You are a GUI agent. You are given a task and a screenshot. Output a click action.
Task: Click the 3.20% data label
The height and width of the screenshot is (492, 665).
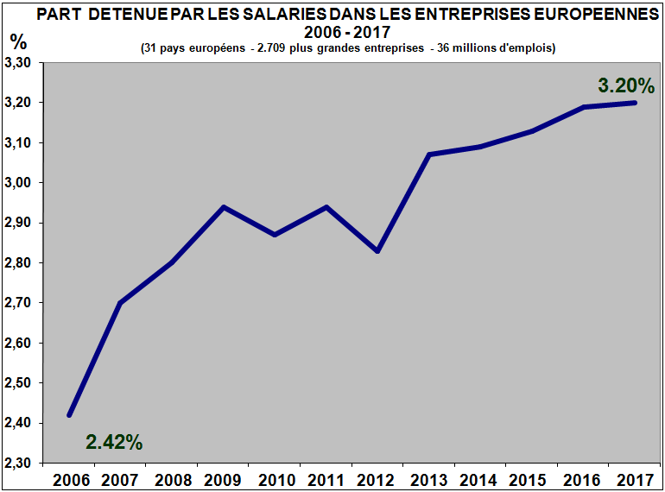click(x=627, y=85)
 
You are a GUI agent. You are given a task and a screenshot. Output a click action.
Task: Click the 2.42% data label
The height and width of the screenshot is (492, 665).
click(x=114, y=442)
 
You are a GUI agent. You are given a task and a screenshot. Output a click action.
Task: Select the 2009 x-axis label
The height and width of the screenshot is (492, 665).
click(x=224, y=479)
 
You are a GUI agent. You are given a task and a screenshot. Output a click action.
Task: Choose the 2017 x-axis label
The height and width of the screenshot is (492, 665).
click(x=636, y=479)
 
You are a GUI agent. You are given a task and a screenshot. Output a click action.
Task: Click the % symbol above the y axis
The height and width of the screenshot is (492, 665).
click(x=18, y=41)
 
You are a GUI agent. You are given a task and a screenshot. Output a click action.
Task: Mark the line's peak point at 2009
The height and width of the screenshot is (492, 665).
click(x=224, y=207)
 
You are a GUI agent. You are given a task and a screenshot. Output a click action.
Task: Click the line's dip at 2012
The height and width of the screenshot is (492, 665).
click(x=378, y=251)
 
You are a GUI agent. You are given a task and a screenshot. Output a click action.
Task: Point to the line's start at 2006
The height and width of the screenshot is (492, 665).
click(x=69, y=415)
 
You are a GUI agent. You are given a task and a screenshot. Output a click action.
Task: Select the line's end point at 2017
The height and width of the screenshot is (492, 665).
click(x=636, y=103)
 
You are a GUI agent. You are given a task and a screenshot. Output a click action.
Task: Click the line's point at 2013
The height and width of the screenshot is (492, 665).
click(x=429, y=155)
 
